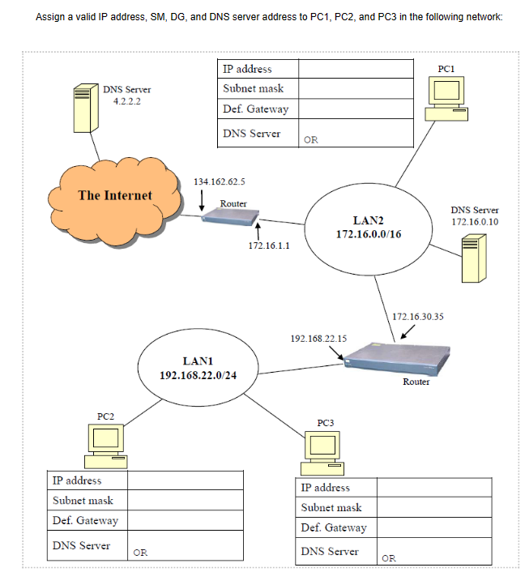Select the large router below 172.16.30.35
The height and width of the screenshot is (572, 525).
[403, 357]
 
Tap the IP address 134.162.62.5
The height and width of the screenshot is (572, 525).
[220, 181]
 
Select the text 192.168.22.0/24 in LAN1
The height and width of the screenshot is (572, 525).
[198, 375]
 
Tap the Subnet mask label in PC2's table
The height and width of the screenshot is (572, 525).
[83, 501]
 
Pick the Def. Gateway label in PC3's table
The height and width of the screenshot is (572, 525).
[333, 527]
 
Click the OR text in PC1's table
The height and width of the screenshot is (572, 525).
[310, 139]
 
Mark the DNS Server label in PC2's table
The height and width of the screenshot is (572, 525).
[81, 545]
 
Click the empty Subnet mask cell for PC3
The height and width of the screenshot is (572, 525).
[433, 508]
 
